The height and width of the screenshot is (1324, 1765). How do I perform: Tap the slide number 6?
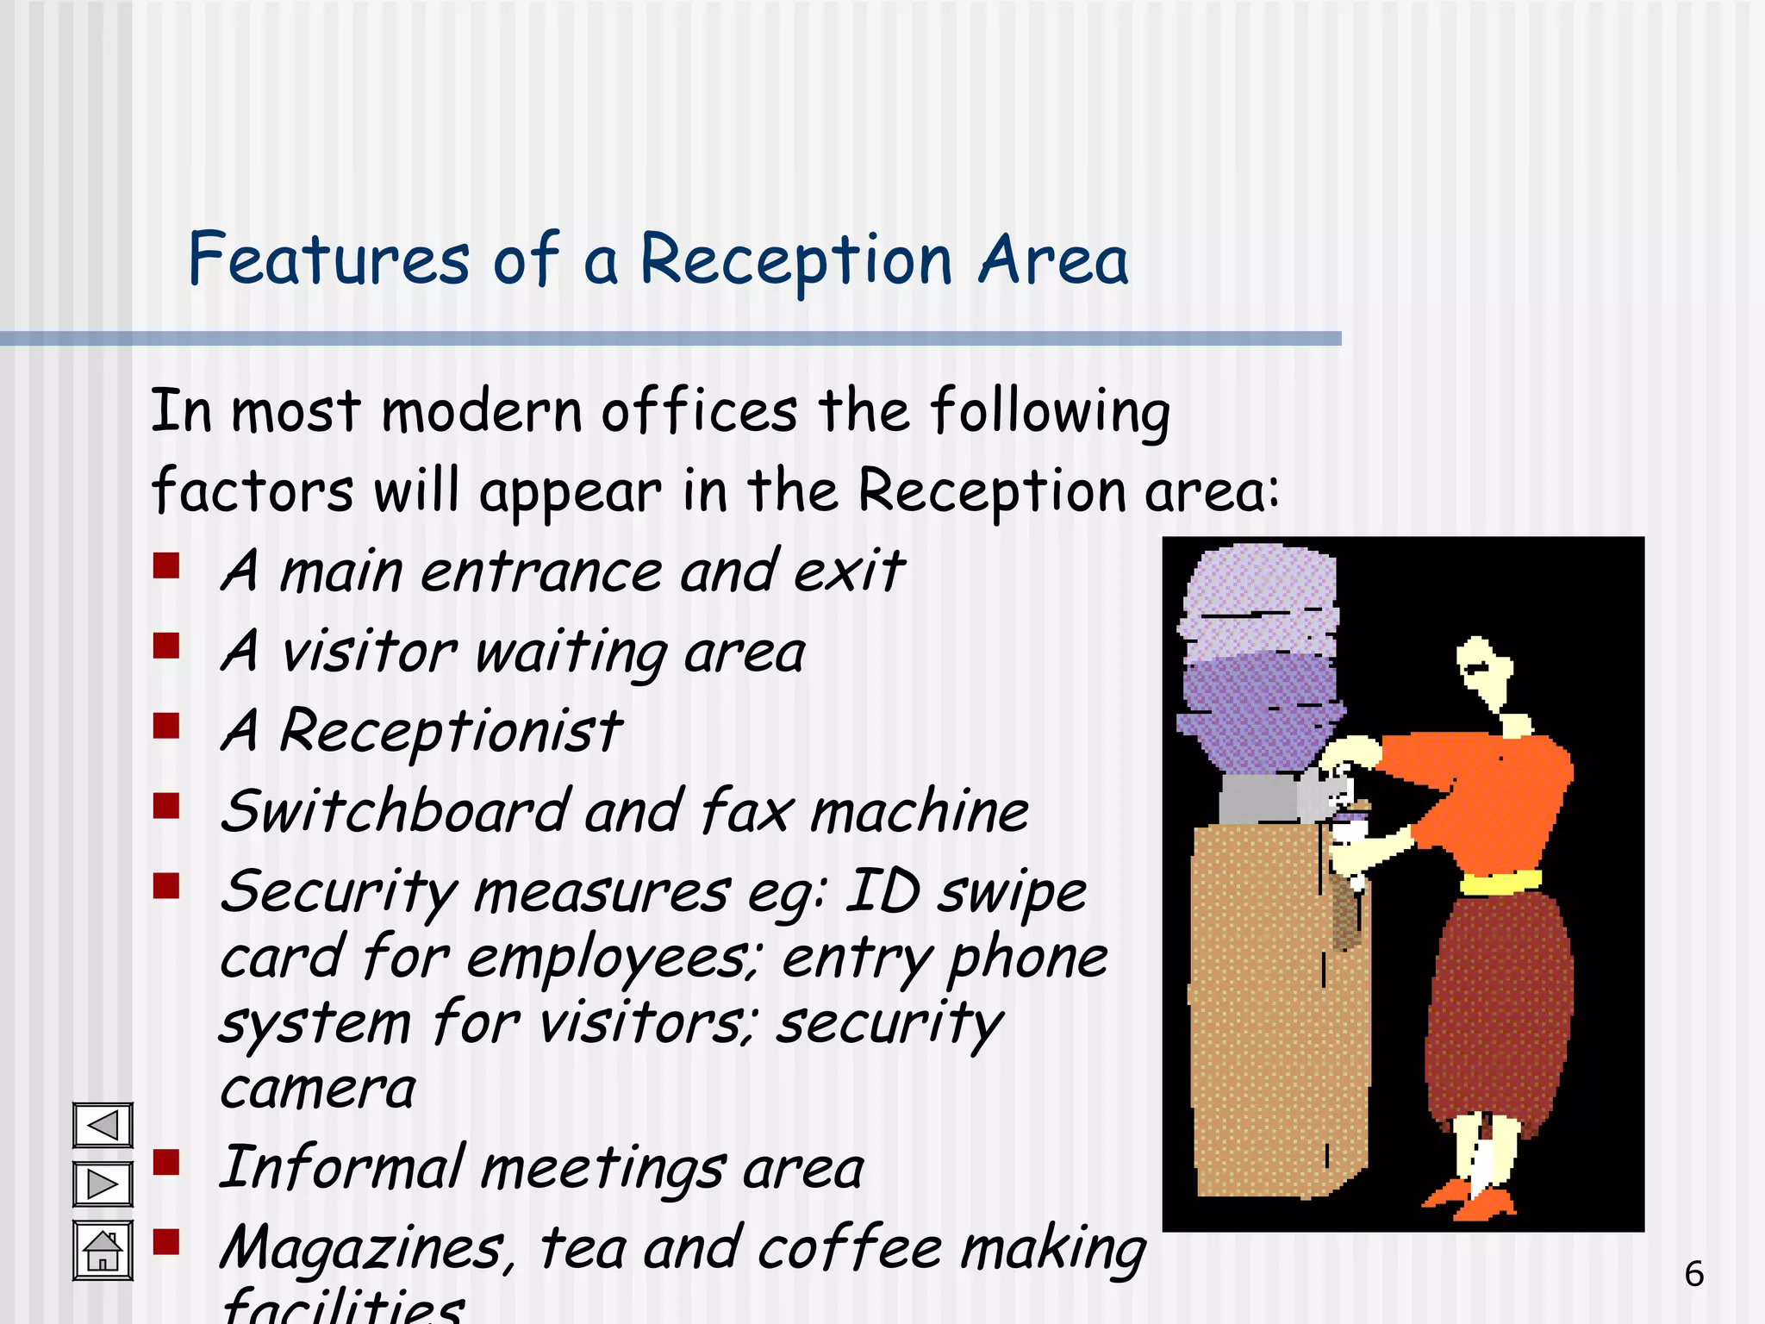pyautogui.click(x=1693, y=1274)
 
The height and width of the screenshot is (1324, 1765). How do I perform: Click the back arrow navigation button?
pyautogui.click(x=103, y=1125)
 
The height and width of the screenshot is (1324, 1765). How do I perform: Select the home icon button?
pyautogui.click(x=103, y=1251)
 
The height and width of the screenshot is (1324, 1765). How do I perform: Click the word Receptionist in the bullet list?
pyautogui.click(x=450, y=731)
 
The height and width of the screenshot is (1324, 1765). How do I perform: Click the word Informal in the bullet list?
pyautogui.click(x=341, y=1168)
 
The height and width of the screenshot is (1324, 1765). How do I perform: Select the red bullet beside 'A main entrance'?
pyautogui.click(x=166, y=566)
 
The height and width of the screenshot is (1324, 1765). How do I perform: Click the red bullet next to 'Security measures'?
pyautogui.click(x=166, y=885)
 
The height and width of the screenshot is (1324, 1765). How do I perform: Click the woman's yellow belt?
pyautogui.click(x=1500, y=884)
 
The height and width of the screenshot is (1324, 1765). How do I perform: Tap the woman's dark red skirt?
pyautogui.click(x=1500, y=1009)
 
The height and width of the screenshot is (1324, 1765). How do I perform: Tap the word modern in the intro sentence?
pyautogui.click(x=483, y=411)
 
